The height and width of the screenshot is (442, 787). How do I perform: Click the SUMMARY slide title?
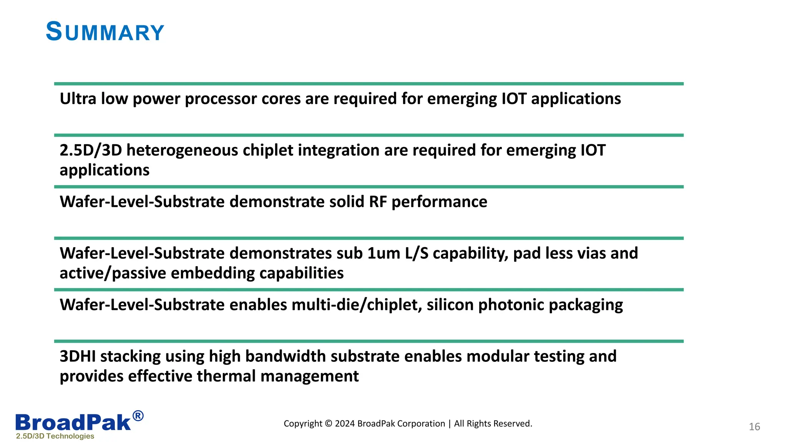pyautogui.click(x=105, y=32)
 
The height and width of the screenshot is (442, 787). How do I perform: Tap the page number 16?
pyautogui.click(x=754, y=427)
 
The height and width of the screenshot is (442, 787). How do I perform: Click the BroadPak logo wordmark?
pyautogui.click(x=73, y=422)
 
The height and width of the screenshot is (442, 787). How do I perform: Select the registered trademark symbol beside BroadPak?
pyautogui.click(x=138, y=416)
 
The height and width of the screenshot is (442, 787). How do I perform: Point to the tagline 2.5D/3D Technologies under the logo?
pyautogui.click(x=55, y=436)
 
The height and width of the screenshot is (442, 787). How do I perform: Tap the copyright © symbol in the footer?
pyautogui.click(x=328, y=424)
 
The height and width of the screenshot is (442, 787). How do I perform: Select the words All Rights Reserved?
pyautogui.click(x=493, y=424)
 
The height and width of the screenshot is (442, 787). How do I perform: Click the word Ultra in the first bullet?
pyautogui.click(x=78, y=99)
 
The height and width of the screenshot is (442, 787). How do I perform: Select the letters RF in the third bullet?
pyautogui.click(x=378, y=202)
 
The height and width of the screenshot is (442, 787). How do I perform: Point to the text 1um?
pyautogui.click(x=384, y=254)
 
